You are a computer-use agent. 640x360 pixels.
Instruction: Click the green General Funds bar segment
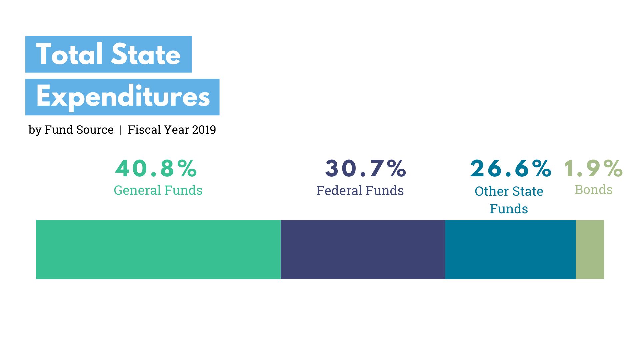pyautogui.click(x=158, y=249)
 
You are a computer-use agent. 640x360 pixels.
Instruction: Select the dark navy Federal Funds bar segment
pyautogui.click(x=363, y=249)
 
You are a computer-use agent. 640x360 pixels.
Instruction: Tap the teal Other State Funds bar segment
pyautogui.click(x=510, y=249)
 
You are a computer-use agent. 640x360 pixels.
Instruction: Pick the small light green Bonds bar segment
pyautogui.click(x=590, y=249)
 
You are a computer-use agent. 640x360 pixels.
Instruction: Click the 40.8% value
pyautogui.click(x=156, y=168)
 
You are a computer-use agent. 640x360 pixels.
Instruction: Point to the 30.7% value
pyautogui.click(x=366, y=168)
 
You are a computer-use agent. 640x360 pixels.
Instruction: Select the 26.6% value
pyautogui.click(x=511, y=168)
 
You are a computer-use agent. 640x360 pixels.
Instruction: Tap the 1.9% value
pyautogui.click(x=593, y=168)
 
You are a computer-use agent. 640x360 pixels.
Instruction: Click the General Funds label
pyautogui.click(x=158, y=190)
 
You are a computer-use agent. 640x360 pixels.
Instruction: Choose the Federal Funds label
pyautogui.click(x=360, y=191)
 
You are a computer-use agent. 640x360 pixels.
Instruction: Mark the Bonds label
pyautogui.click(x=594, y=190)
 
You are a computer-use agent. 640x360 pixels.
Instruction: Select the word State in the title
pyautogui.click(x=146, y=54)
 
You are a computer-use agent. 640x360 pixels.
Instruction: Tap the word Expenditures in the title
pyautogui.click(x=123, y=97)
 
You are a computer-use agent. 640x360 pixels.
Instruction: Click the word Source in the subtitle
pyautogui.click(x=96, y=130)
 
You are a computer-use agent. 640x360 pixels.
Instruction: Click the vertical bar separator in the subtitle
pyautogui.click(x=121, y=130)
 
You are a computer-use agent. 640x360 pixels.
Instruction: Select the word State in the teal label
pyautogui.click(x=528, y=191)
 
